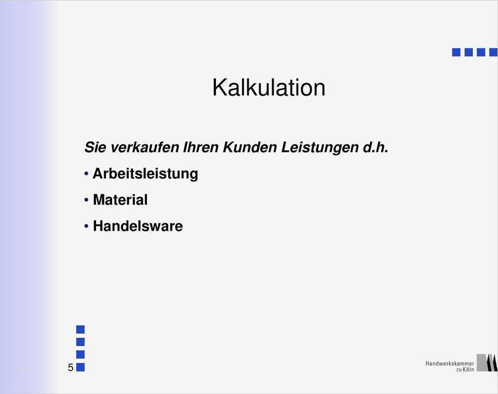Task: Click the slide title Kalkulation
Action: [x=268, y=87]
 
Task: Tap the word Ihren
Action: [x=201, y=147]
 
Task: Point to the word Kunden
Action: [x=250, y=147]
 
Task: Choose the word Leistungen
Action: [x=319, y=148]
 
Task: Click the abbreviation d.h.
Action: [x=374, y=147]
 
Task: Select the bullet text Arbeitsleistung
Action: [x=145, y=174]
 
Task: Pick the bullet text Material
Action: [x=120, y=200]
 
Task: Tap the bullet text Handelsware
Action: [x=138, y=226]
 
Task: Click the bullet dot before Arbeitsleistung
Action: [x=86, y=173]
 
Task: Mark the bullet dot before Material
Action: [x=86, y=199]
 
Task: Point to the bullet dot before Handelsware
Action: [x=86, y=226]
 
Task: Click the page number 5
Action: [x=70, y=368]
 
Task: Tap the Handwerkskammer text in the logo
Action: [x=449, y=363]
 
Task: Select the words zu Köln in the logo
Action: [x=465, y=370]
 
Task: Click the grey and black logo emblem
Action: [x=487, y=363]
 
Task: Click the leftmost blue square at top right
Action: [x=456, y=52]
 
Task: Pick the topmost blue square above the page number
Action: [x=80, y=329]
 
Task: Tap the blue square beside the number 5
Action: [x=80, y=367]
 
